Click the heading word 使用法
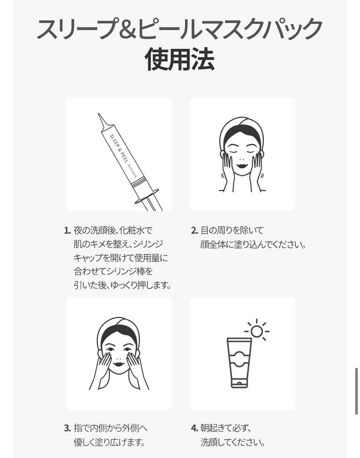point(180,60)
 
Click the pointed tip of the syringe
point(99,114)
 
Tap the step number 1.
point(67,231)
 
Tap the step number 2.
point(195,231)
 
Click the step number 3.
point(67,428)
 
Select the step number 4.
point(195,428)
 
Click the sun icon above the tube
point(257,331)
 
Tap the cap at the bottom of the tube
point(239,383)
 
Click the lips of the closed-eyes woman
point(242,166)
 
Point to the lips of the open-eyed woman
point(119,365)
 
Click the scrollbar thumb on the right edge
point(356,391)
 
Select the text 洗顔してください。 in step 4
point(232,442)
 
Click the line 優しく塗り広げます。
point(109,442)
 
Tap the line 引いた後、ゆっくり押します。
point(122,285)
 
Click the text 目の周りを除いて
point(232,231)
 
